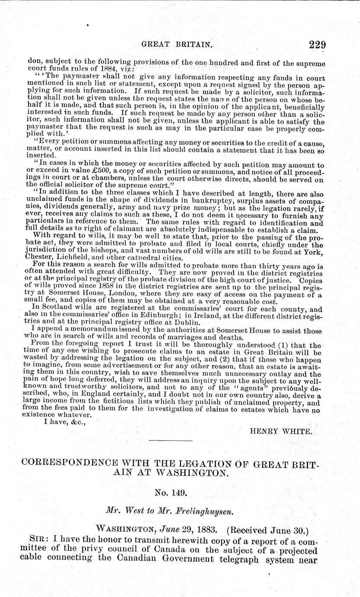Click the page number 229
(x=317, y=45)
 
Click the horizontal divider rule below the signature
(x=170, y=440)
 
